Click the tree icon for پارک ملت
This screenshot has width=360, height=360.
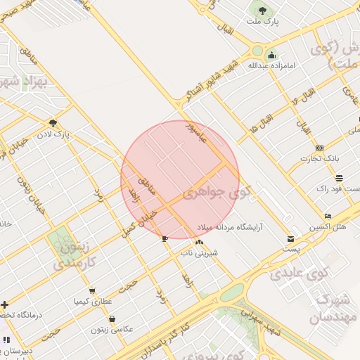tap(262, 11)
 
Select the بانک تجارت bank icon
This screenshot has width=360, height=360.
tap(320, 148)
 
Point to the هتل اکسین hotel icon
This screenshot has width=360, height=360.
tap(328, 216)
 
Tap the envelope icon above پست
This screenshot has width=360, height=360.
tap(290, 239)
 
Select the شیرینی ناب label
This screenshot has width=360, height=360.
tap(200, 251)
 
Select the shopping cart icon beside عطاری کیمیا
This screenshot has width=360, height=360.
tap(91, 291)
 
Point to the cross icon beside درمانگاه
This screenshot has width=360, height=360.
tap(5, 304)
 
